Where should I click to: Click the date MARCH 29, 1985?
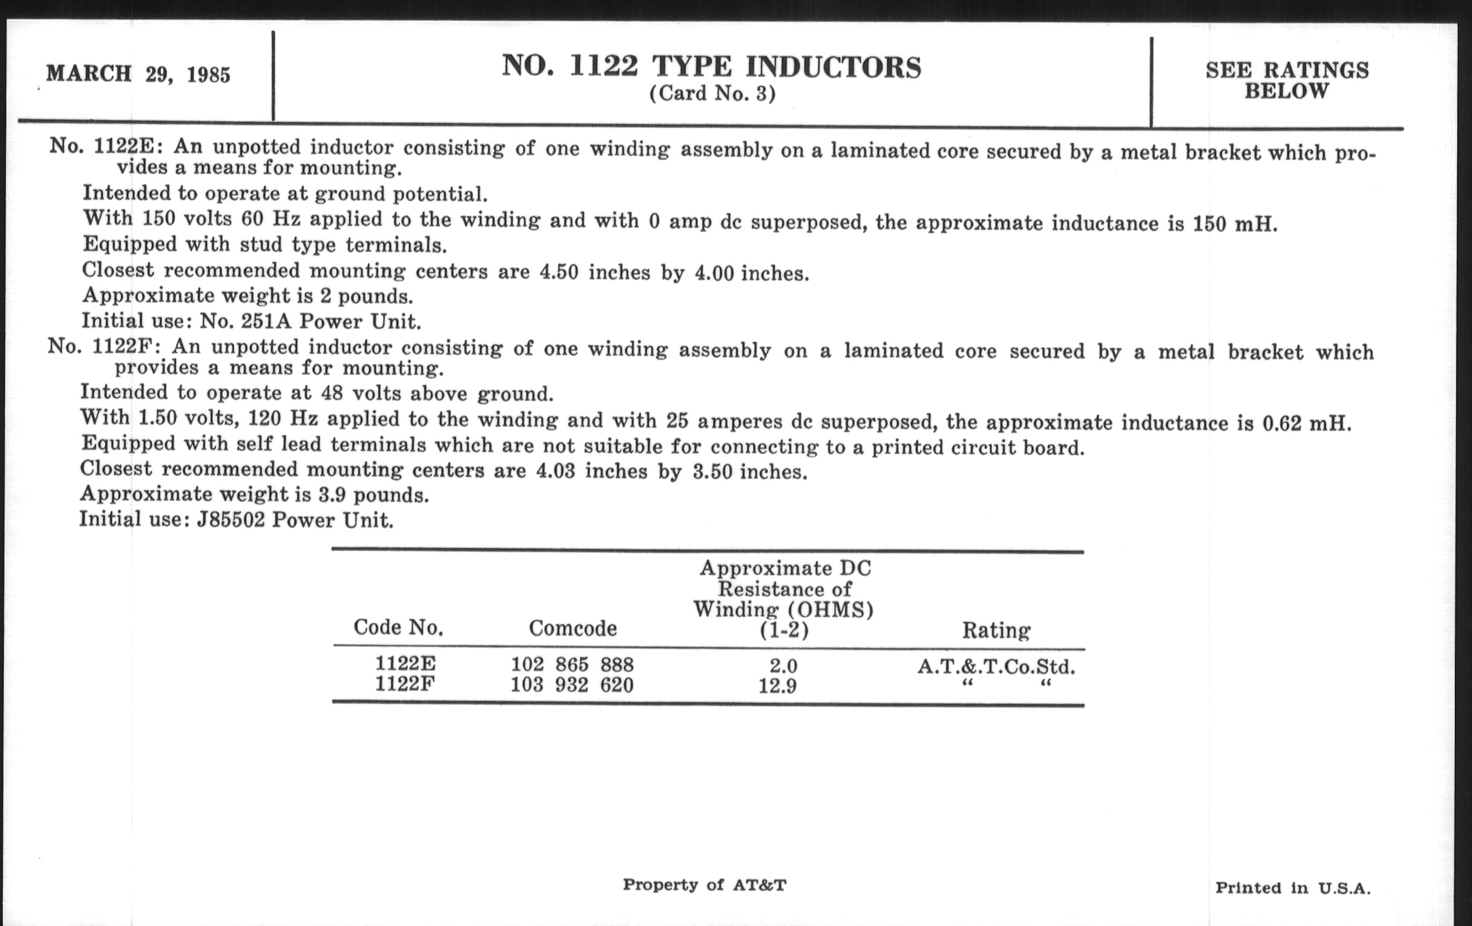[x=138, y=74]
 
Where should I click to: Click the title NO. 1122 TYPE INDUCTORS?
[x=712, y=67]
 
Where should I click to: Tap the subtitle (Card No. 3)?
[x=712, y=94]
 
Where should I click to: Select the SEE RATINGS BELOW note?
[x=1287, y=80]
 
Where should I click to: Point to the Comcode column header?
[x=573, y=628]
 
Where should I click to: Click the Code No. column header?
[x=398, y=627]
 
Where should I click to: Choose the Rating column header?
[x=996, y=630]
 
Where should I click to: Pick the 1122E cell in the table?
[x=406, y=663]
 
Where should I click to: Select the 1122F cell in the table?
[x=405, y=683]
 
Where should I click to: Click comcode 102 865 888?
[x=572, y=665]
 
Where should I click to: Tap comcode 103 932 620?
[x=572, y=685]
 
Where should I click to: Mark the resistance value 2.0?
[x=783, y=666]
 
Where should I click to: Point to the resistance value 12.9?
[x=778, y=686]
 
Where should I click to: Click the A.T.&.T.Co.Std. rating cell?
[x=996, y=667]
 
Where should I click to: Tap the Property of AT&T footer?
[x=704, y=884]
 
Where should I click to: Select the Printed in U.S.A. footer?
[x=1292, y=888]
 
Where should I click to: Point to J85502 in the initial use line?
[x=231, y=520]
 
